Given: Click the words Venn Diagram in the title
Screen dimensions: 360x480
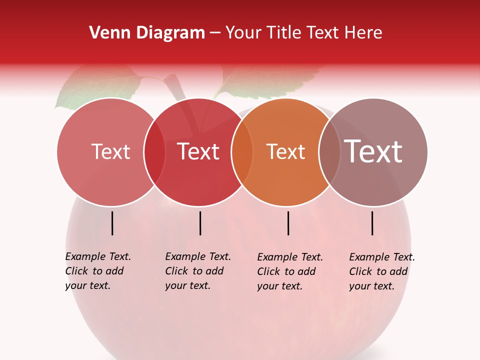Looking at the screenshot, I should click(147, 33).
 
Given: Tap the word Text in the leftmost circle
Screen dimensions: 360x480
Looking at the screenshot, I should click(110, 151).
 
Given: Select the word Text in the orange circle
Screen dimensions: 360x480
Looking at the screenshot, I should click(285, 151).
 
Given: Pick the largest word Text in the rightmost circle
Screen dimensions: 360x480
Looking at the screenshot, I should click(373, 151).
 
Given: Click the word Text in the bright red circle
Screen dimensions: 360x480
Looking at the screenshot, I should click(198, 151).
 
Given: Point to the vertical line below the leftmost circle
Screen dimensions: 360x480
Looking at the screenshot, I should click(112, 223).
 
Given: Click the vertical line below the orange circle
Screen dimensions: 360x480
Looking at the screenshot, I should click(288, 223).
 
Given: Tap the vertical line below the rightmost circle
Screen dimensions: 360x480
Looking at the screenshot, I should click(372, 223).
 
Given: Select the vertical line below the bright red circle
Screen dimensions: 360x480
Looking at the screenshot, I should click(200, 223).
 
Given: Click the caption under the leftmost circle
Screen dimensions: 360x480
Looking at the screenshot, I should click(97, 271).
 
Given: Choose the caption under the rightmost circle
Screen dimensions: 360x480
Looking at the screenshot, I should click(381, 271).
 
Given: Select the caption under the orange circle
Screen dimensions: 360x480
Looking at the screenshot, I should click(289, 271).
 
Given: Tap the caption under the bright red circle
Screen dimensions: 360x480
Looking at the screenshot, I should click(197, 271).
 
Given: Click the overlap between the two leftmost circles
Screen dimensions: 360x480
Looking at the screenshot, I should click(154, 152).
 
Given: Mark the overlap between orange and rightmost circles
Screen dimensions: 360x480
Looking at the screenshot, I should click(328, 152).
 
